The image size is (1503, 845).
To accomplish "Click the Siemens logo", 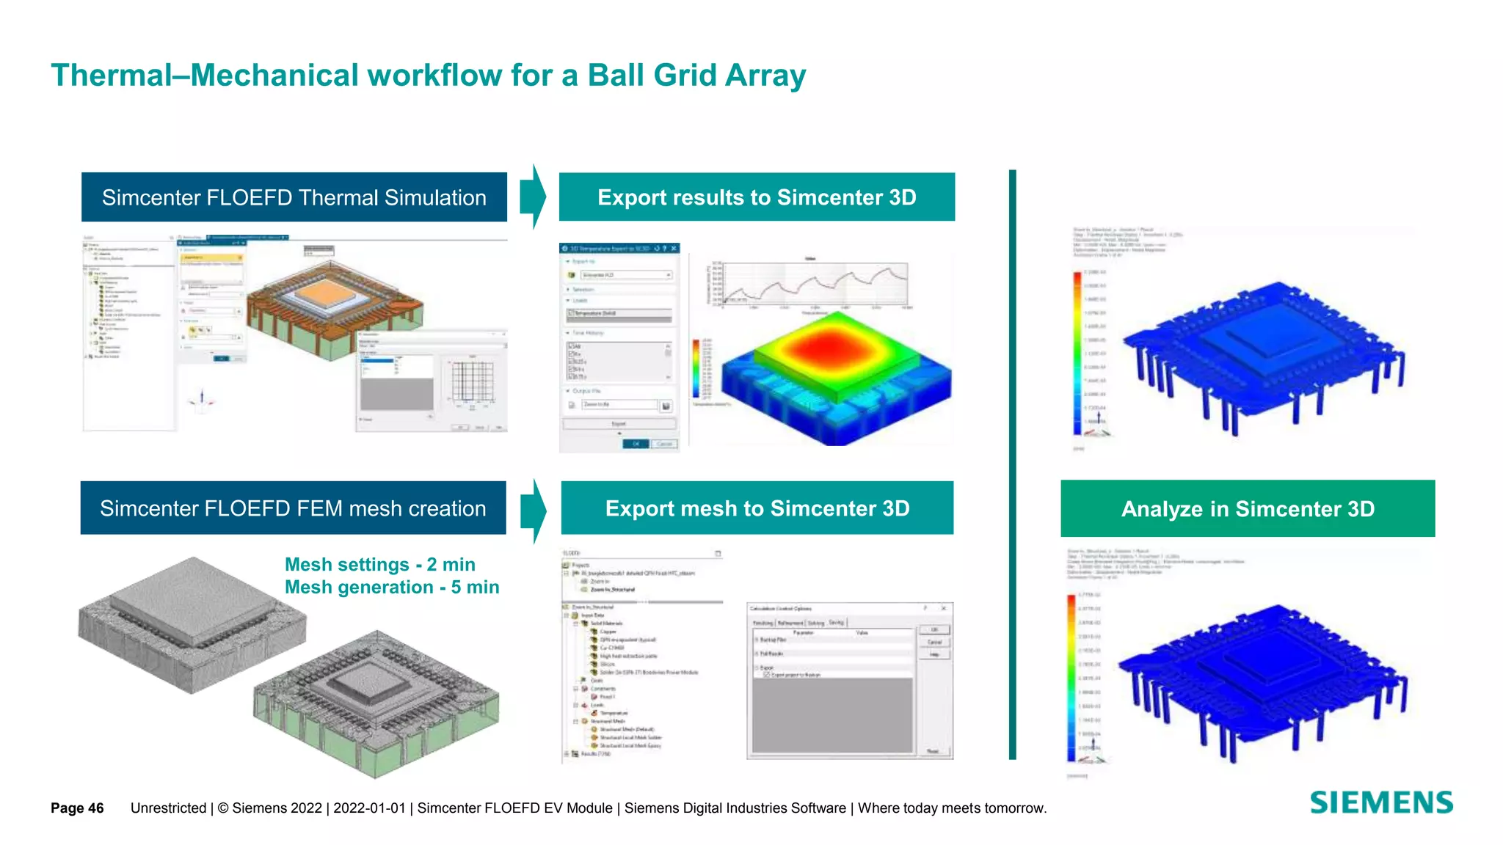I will pos(1381,802).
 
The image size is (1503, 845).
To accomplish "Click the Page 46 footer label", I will pos(77,808).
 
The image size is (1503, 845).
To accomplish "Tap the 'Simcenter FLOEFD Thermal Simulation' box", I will pos(294,197).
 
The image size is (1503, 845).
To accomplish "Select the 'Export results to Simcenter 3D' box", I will pos(757,197).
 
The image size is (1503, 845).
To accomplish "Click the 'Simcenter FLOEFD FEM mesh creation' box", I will pos(293,508).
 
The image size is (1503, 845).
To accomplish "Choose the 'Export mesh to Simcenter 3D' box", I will pos(757,508).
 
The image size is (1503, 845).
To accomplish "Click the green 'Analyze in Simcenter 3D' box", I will pos(1247,508).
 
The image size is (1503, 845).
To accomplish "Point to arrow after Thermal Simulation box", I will pos(534,197).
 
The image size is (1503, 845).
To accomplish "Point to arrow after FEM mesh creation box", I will pos(534,511).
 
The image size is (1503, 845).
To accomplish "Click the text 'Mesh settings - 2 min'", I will pos(379,564).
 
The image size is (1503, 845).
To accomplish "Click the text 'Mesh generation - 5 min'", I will pos(391,587).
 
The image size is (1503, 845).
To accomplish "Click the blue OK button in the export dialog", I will pos(636,444).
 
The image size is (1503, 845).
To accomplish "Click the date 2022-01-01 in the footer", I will pos(369,808).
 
